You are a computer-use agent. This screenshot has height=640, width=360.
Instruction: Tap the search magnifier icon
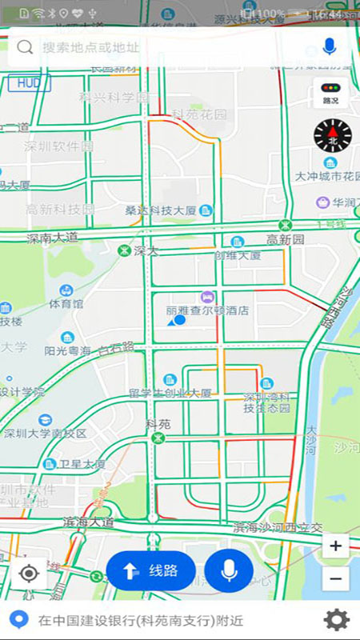coord(25,47)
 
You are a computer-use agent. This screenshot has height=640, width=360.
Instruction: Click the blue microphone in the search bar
coord(329,46)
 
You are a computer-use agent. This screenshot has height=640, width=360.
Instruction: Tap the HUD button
coord(29,82)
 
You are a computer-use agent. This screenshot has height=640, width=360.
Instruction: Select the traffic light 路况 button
coord(330,94)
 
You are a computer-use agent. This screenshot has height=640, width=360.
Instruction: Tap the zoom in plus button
coord(335,546)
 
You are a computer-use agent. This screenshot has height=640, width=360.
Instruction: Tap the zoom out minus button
coord(335,578)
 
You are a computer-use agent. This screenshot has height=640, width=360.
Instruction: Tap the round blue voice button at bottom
coord(229,570)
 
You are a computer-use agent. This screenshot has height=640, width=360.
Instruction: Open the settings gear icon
coord(336,619)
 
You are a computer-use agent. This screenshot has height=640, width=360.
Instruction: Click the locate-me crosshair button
coord(29,573)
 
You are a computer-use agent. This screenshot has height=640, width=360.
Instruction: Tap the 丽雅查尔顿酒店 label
coord(207,310)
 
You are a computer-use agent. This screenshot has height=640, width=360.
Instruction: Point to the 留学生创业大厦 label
coord(170,393)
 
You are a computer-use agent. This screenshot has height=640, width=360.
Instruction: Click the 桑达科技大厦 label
coord(161,210)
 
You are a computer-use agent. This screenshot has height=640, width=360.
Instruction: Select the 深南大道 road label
coord(53,238)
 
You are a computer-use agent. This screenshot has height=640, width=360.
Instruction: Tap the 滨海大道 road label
coord(88,522)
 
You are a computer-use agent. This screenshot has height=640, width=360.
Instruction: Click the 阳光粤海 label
coord(67,350)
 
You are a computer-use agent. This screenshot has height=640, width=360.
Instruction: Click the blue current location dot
coord(180,320)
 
